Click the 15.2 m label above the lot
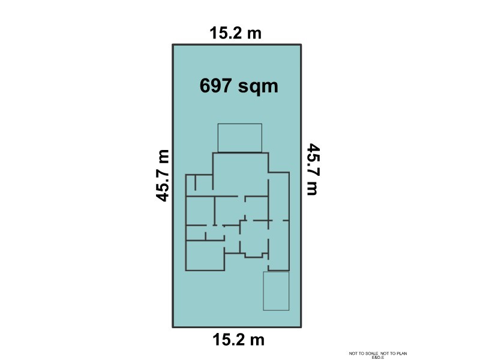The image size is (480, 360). click(236, 33)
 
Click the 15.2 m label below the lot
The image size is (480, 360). click(239, 340)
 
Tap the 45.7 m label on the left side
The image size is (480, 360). click(162, 175)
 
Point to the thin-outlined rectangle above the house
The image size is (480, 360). click(239, 137)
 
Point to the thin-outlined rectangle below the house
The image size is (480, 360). click(276, 291)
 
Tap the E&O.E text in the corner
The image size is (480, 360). click(378, 358)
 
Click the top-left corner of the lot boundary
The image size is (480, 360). click(173, 45)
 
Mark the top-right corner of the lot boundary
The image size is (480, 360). click(301, 45)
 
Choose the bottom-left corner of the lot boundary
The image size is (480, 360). click(173, 327)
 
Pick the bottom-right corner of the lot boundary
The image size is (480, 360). click(301, 327)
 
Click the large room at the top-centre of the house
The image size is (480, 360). click(240, 174)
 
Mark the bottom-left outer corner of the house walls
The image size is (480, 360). click(187, 270)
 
